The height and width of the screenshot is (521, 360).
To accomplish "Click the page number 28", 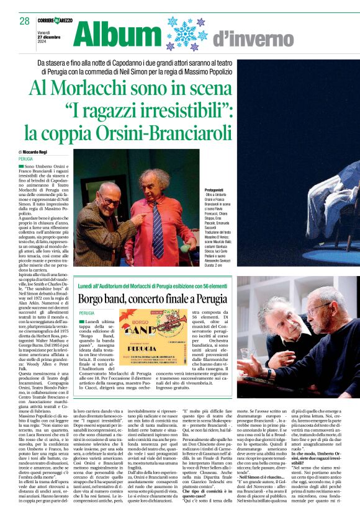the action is click(24, 21).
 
